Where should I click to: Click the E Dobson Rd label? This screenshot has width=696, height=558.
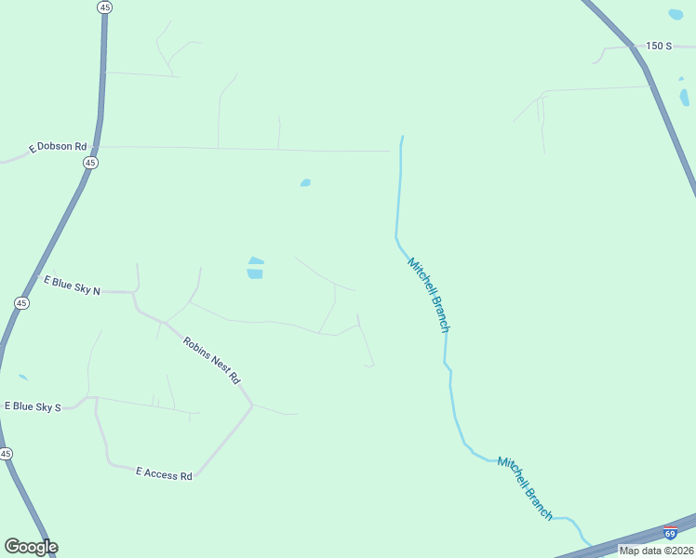point(58,147)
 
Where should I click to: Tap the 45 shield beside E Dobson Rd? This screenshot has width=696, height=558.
point(90,163)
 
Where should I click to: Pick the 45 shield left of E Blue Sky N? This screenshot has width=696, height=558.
point(21,303)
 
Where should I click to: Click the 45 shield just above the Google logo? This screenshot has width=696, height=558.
point(6,454)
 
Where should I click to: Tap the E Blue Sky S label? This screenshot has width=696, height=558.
point(33,406)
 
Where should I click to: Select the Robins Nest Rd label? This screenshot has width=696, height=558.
point(211,361)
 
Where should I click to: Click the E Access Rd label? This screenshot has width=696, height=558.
point(164,474)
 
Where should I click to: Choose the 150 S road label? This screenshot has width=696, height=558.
point(658,46)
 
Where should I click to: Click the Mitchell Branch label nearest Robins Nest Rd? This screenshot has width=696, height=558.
point(428,295)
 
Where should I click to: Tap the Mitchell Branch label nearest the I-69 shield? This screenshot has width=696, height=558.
point(525,488)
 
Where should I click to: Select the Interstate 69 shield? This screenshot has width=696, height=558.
point(670,534)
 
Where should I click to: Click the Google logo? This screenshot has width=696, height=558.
point(31,547)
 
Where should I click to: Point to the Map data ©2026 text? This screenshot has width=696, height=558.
point(656,550)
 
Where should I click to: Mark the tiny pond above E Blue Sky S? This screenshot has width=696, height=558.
point(22,378)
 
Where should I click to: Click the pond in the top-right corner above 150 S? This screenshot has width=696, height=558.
point(676,15)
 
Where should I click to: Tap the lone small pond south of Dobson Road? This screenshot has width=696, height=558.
point(305,183)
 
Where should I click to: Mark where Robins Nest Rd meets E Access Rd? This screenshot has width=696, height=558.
point(251,405)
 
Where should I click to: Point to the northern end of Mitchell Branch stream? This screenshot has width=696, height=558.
point(402,139)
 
